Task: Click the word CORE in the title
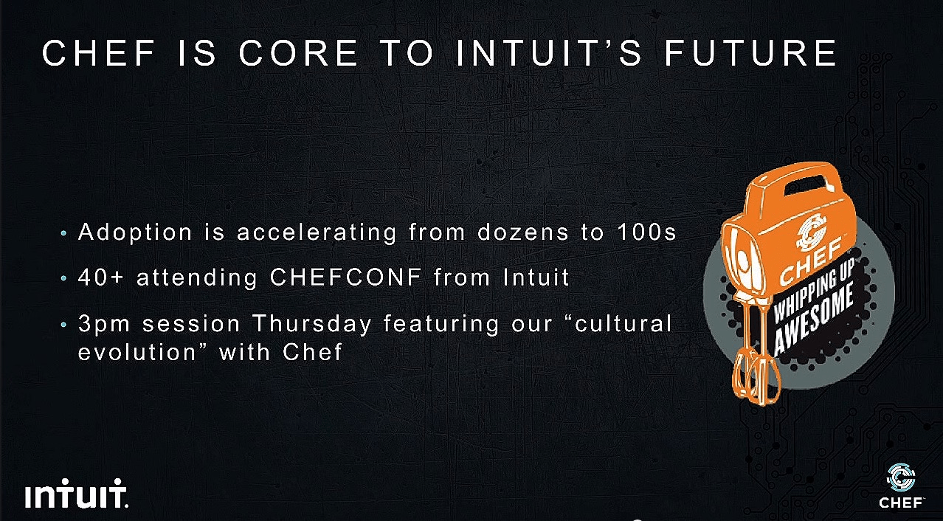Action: (x=298, y=53)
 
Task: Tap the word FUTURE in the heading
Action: (x=750, y=53)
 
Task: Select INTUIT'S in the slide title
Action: (x=550, y=53)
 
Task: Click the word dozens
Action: (x=523, y=232)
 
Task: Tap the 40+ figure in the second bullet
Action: (x=101, y=277)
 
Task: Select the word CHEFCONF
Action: (x=345, y=277)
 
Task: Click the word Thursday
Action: (x=312, y=325)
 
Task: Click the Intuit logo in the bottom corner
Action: (x=76, y=493)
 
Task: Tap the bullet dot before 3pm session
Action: (x=63, y=325)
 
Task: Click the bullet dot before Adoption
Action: (x=63, y=233)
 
